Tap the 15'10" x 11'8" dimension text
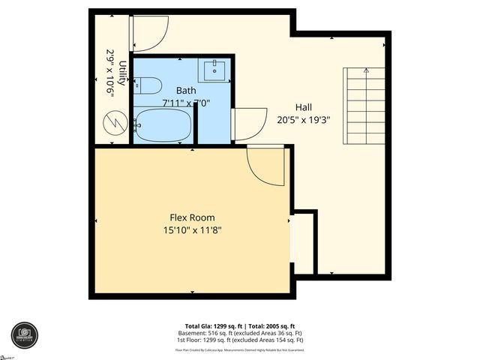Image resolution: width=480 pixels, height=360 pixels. pyautogui.click(x=192, y=229)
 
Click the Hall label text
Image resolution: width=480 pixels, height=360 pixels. pyautogui.click(x=303, y=107)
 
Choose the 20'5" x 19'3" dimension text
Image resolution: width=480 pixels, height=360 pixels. pyautogui.click(x=303, y=118)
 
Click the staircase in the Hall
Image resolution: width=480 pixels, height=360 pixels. pyautogui.click(x=364, y=106)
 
